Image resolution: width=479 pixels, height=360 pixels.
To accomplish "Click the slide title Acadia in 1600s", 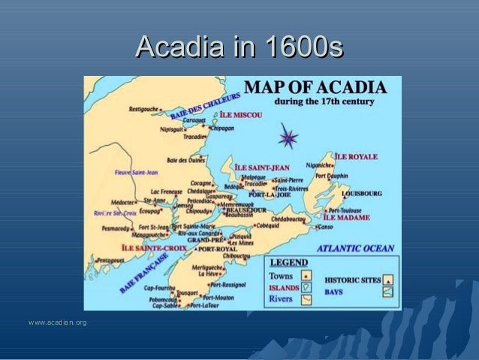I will pyautogui.click(x=239, y=50).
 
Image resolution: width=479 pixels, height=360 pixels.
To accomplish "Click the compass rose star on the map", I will pyautogui.click(x=288, y=139).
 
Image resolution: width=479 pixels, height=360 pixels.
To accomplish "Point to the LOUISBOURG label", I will pyautogui.click(x=362, y=193).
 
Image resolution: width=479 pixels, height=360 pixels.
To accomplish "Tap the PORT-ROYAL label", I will pyautogui.click(x=218, y=248).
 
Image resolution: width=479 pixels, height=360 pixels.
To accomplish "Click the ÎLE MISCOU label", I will pyautogui.click(x=240, y=116).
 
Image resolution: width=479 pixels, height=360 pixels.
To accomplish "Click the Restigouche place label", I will pyautogui.click(x=143, y=109).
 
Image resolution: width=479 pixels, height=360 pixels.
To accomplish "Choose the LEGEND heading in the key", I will pyautogui.click(x=289, y=263).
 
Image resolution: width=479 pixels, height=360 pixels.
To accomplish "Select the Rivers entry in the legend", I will pyautogui.click(x=280, y=298).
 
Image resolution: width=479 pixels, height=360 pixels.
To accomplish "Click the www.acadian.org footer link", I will pyautogui.click(x=57, y=322).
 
